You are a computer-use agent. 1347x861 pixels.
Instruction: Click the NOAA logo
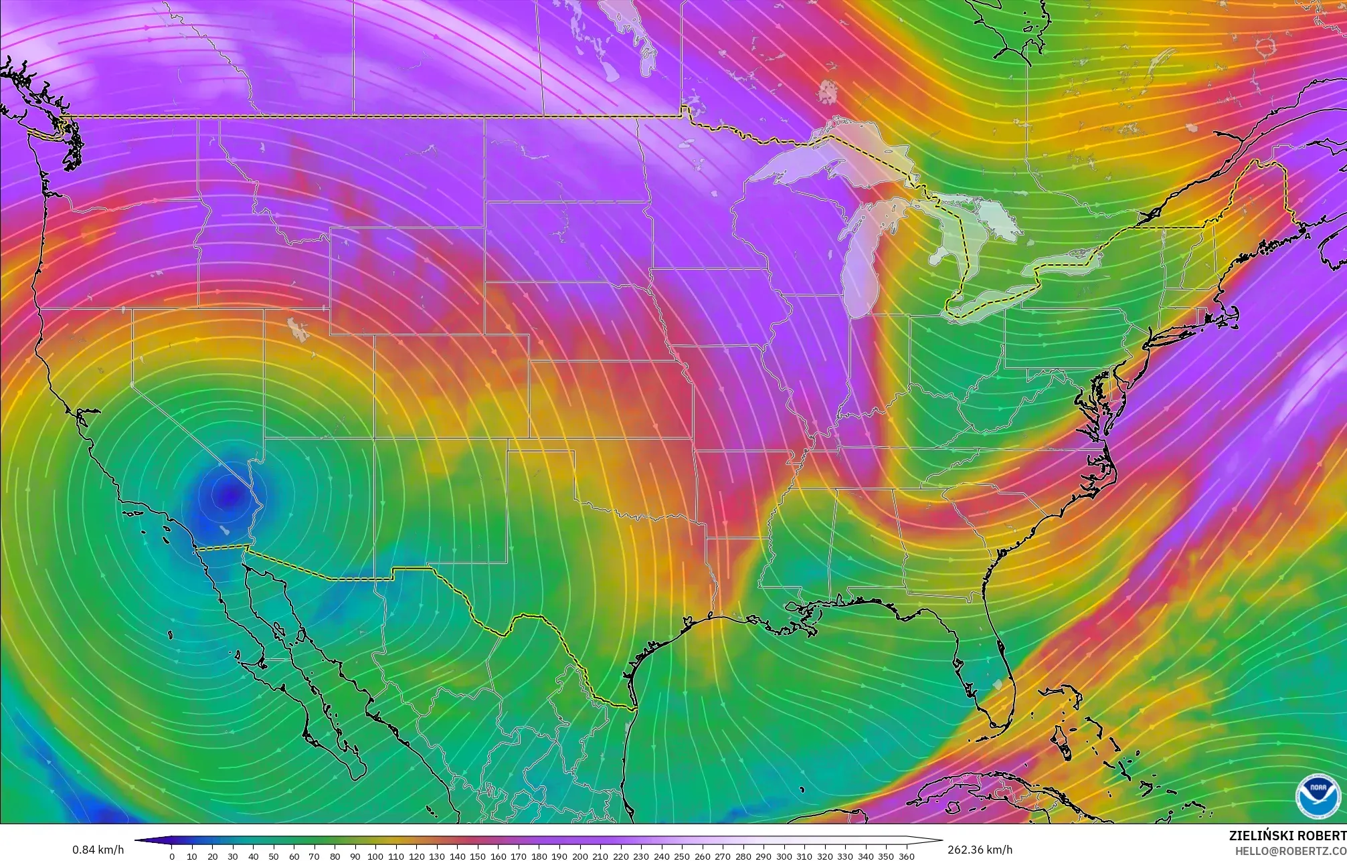point(1318,795)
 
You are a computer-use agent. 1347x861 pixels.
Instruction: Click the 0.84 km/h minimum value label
point(98,850)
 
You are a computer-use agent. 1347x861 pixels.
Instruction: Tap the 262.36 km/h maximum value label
point(980,850)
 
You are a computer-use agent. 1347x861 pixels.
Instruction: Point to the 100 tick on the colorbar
point(375,856)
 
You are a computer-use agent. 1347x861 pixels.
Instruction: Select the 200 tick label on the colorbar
point(579,856)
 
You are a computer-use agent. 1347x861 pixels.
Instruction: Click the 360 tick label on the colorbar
point(906,856)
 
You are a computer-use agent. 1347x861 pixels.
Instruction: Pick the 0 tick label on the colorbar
point(172,856)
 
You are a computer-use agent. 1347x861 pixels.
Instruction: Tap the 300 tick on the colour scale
point(784,856)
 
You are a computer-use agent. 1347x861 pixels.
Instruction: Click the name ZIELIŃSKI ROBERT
point(1287,836)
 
